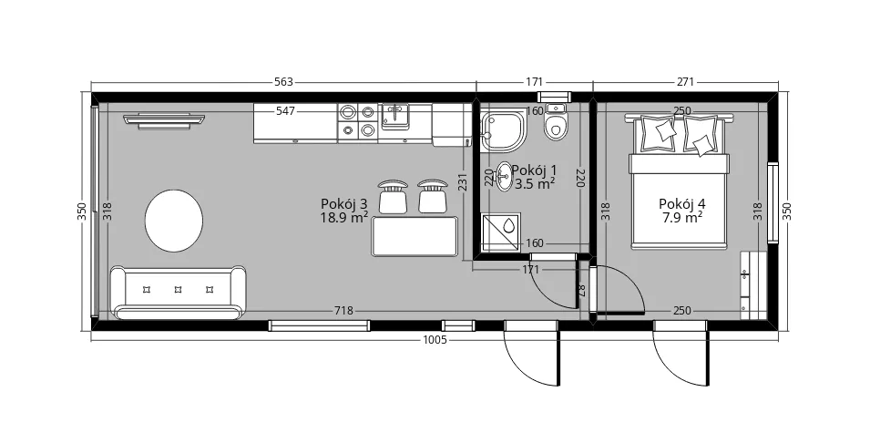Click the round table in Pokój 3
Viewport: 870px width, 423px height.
click(x=174, y=221)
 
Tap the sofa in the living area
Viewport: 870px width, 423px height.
click(x=179, y=293)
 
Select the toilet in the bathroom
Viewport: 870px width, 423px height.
click(x=555, y=121)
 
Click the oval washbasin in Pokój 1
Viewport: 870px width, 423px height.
click(x=504, y=176)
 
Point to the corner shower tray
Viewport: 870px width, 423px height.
click(x=503, y=131)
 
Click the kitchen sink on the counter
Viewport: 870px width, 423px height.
click(x=395, y=116)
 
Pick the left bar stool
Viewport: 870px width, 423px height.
click(x=393, y=196)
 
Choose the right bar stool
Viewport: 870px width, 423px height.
click(x=433, y=196)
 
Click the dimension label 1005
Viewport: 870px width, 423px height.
click(x=435, y=340)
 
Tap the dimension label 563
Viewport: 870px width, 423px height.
click(x=283, y=82)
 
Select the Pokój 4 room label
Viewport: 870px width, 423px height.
click(x=682, y=203)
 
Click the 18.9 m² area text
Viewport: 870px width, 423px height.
click(x=344, y=217)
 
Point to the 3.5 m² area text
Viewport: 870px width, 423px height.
click(x=535, y=184)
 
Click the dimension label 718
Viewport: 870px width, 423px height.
click(x=344, y=311)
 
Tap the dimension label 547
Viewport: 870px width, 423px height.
click(x=285, y=111)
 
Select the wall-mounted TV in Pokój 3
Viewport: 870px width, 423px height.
click(x=164, y=121)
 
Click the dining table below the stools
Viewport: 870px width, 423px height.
click(x=415, y=236)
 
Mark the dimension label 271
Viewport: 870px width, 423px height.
click(x=685, y=82)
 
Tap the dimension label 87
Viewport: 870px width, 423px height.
click(x=581, y=290)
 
